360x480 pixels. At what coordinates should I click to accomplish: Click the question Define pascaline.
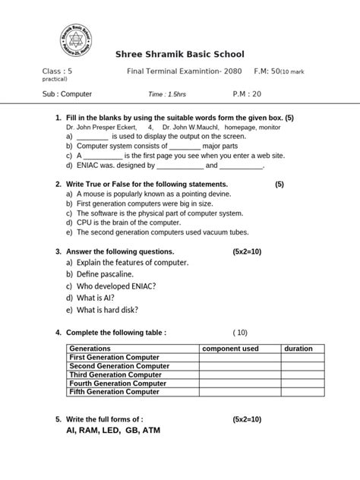[99, 273]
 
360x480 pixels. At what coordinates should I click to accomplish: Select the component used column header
[229, 349]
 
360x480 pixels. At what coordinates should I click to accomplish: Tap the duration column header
[298, 349]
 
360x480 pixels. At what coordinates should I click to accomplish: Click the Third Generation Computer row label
[115, 374]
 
